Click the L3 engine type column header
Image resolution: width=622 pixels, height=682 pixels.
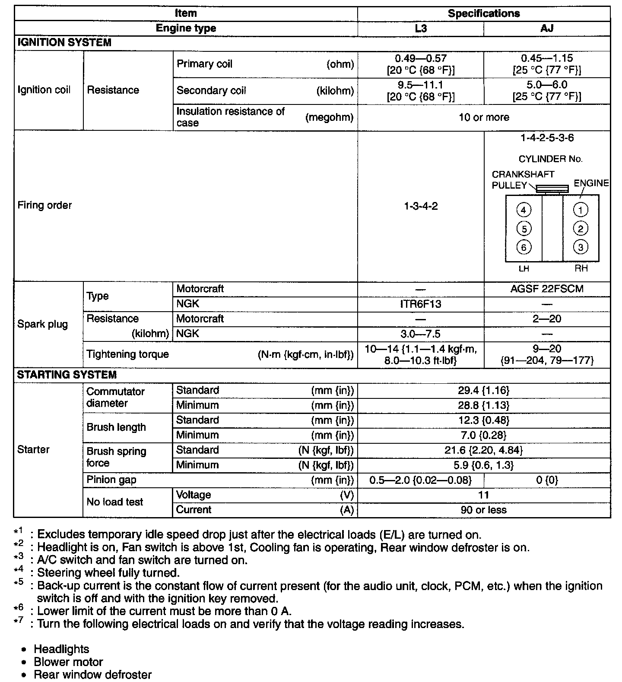(421, 28)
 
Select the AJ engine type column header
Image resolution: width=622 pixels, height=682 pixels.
(547, 28)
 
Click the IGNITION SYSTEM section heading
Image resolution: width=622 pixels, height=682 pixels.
(64, 43)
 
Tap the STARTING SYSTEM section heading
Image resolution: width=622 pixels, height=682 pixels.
(67, 375)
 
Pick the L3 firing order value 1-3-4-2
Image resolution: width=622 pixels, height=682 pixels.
(421, 206)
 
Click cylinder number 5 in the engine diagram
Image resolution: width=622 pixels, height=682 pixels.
(524, 229)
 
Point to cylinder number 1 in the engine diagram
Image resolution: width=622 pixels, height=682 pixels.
(581, 210)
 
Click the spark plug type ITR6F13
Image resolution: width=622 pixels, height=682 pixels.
(421, 304)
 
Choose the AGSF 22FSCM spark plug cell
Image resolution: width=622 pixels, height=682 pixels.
(547, 289)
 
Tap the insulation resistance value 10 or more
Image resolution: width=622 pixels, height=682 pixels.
(484, 117)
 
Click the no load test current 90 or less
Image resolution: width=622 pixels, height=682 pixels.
(484, 510)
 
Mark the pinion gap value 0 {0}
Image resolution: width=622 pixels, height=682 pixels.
(547, 480)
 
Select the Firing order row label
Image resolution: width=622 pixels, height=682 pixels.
(44, 205)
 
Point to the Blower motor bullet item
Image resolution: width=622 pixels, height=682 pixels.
(68, 662)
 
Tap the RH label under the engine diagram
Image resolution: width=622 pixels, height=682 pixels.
(581, 268)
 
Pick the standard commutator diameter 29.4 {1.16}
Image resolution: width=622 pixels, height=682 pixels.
(484, 391)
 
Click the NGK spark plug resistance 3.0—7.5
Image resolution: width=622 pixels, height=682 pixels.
(421, 334)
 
